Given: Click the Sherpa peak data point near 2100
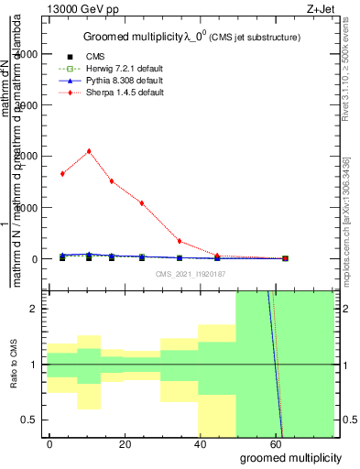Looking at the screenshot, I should [89, 151].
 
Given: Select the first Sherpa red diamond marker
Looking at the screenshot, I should [62, 173].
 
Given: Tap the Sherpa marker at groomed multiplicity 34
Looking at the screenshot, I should [180, 241].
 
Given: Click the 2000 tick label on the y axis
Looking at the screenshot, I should [27, 157].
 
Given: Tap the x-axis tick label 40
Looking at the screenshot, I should [200, 443].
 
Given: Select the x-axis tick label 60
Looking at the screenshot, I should [275, 443].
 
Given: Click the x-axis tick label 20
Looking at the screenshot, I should [125, 443].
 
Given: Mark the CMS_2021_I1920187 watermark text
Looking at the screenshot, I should [191, 273].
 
